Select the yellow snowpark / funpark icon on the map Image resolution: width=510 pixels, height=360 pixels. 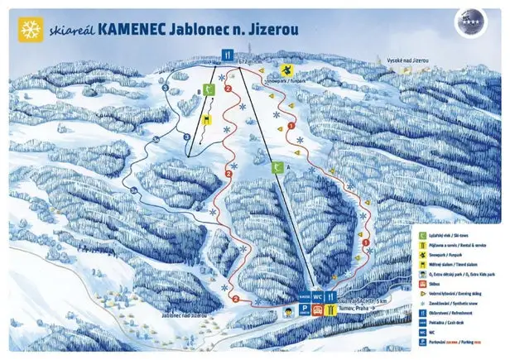pyautogui.click(x=287, y=70)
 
